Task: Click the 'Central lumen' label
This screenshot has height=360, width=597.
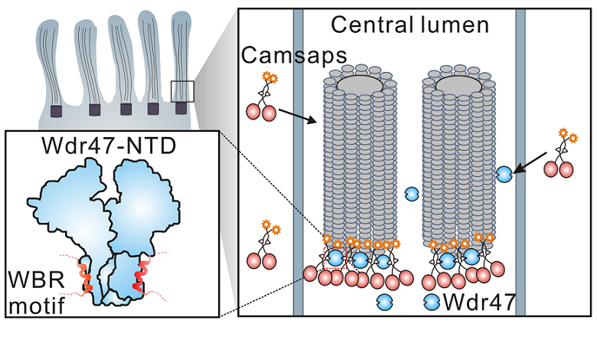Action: coord(409,25)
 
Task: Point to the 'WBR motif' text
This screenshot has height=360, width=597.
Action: coord(34,288)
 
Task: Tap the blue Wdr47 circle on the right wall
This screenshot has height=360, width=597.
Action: coord(505,175)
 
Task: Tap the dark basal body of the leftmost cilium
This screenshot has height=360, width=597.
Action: coord(56,111)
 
